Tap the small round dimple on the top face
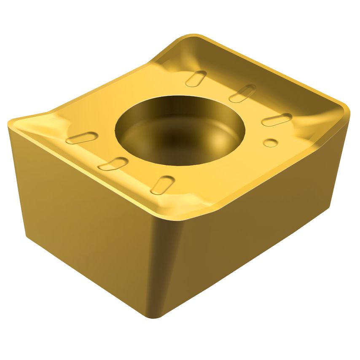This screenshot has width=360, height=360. (x=270, y=142)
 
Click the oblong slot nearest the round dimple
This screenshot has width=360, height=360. (x=276, y=120)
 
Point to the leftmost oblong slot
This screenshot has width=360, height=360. (x=82, y=138)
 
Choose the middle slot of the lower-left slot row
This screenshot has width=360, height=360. (x=113, y=164)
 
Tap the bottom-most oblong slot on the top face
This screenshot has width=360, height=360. (x=162, y=185)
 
